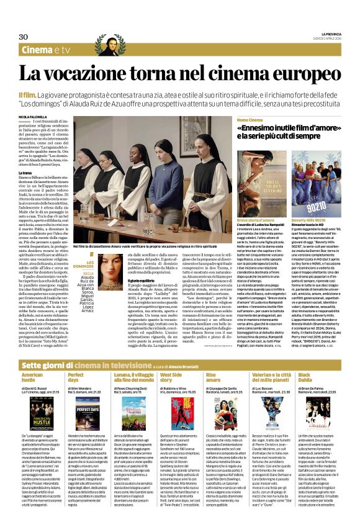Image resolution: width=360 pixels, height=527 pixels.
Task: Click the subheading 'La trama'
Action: coord(26,173)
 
